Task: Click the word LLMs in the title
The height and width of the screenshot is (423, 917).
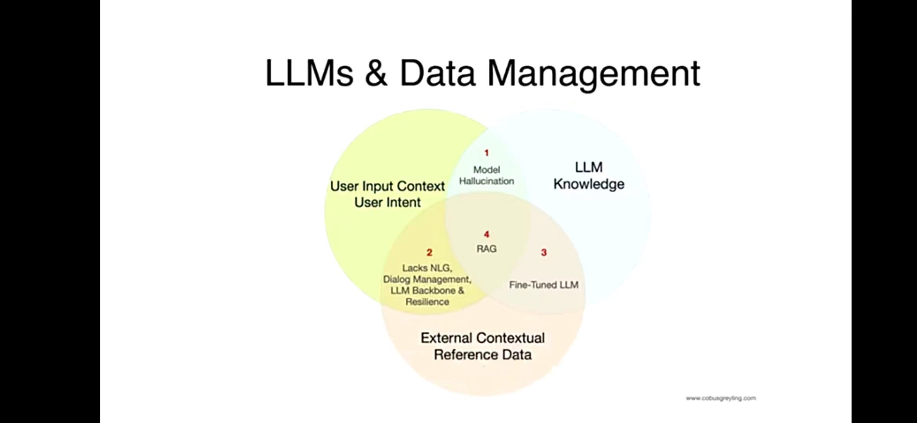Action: click(x=309, y=73)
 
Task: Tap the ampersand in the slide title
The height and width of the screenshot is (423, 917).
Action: click(x=376, y=73)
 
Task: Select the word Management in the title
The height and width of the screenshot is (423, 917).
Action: click(x=593, y=74)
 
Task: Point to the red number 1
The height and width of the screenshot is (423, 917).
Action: click(x=487, y=153)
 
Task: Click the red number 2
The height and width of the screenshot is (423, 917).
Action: click(x=430, y=253)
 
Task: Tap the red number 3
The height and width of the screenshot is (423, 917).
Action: click(x=544, y=253)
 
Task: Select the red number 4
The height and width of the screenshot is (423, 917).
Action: click(x=487, y=235)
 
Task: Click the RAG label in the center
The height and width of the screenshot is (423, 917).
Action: click(x=487, y=249)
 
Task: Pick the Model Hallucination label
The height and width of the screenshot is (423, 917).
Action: click(x=487, y=175)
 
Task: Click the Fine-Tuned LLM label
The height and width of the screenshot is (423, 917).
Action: click(x=544, y=285)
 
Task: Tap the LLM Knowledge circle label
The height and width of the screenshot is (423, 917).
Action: click(x=589, y=176)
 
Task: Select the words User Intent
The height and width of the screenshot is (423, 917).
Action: click(x=388, y=202)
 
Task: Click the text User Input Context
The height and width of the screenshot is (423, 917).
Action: click(x=388, y=186)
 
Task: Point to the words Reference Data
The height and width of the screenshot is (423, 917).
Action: click(x=483, y=354)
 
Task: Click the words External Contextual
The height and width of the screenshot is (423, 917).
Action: click(x=483, y=338)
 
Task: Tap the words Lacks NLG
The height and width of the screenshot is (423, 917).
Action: click(x=427, y=268)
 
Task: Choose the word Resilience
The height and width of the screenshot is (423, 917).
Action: click(x=427, y=302)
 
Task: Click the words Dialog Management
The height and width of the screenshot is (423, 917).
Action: click(x=427, y=279)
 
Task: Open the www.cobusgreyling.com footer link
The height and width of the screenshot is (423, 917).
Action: click(x=721, y=398)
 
